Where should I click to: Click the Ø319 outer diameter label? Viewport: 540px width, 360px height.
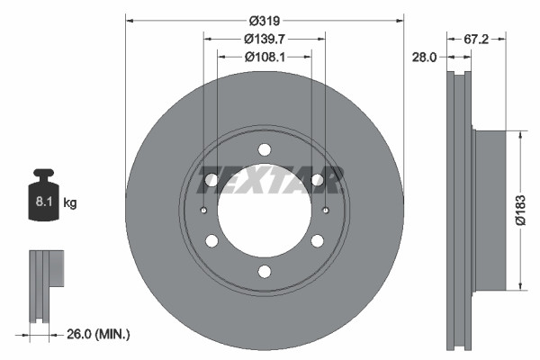[x=264, y=20]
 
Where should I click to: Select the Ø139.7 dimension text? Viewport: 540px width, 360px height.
[x=264, y=39]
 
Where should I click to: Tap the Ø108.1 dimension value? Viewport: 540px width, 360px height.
[x=264, y=56]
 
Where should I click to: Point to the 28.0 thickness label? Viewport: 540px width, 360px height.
[x=424, y=56]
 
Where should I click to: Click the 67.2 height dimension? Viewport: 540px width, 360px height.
[x=477, y=39]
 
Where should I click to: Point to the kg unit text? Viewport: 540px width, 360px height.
[x=71, y=203]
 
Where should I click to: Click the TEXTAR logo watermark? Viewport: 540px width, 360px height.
[x=270, y=180]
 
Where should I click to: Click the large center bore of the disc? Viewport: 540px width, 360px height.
[x=264, y=216]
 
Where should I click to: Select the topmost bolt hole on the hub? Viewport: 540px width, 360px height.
[x=264, y=149]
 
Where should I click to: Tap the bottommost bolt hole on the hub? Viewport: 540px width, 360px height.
[x=264, y=272]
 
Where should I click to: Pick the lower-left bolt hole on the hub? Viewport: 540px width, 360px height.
[x=211, y=241]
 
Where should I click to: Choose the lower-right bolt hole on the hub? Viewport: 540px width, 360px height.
[x=317, y=241]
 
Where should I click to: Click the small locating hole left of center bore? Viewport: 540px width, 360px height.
[x=204, y=211]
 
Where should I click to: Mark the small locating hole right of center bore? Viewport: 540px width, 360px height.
[x=324, y=211]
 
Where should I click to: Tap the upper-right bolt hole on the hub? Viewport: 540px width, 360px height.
[x=317, y=180]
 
